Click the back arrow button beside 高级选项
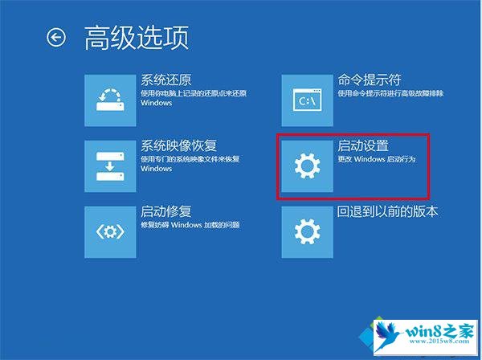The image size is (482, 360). pos(56,38)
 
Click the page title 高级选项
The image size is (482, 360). pos(137,38)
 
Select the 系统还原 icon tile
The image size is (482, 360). pos(110,100)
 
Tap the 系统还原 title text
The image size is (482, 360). pos(166,80)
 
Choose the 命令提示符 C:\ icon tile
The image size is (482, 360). pos(308,100)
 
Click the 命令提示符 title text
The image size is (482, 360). pos(370,80)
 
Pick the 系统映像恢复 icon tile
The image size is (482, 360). pos(110,166)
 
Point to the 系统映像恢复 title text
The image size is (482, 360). pos(179,145)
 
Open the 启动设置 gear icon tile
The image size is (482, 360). pos(308,166)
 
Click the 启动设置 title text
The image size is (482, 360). pos(363,145)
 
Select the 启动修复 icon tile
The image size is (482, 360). pos(110,232)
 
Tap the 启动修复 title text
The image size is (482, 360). pos(166,211)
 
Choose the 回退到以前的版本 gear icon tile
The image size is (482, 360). pos(308,232)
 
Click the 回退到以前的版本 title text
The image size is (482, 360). pos(387,211)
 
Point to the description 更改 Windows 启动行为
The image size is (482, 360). pos(377,159)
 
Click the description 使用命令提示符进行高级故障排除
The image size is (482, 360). pos(390,93)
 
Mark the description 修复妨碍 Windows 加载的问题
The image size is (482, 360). pos(190,225)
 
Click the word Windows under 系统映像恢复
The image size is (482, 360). pos(156,169)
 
